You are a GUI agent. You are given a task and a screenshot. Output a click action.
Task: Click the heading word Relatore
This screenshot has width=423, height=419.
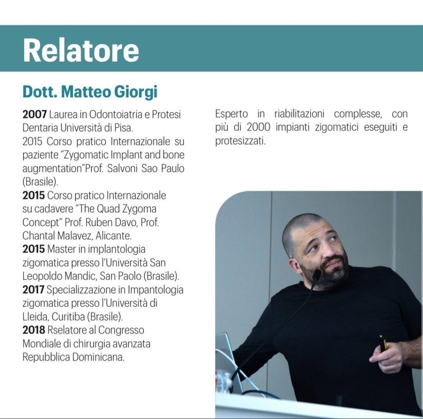[81, 50]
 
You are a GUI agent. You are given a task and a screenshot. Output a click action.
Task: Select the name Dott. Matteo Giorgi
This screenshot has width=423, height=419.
[90, 92]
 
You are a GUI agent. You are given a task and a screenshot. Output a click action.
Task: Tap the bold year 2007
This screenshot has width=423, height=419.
[35, 114]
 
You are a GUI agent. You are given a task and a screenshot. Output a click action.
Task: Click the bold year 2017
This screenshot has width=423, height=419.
[33, 289]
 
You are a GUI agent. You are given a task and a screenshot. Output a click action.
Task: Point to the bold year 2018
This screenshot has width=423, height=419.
[34, 330]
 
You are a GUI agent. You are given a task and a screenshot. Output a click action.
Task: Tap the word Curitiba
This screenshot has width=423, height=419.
[68, 317]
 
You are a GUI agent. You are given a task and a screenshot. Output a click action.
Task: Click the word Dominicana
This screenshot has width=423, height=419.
[98, 357]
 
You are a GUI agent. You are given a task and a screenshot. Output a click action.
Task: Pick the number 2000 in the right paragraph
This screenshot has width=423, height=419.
[258, 127]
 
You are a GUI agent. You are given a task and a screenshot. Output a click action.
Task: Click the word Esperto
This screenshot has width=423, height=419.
[231, 114]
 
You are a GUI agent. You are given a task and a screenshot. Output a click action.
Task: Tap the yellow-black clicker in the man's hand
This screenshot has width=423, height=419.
[383, 343]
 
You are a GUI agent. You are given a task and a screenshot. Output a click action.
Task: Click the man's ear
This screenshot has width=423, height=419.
[295, 265]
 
